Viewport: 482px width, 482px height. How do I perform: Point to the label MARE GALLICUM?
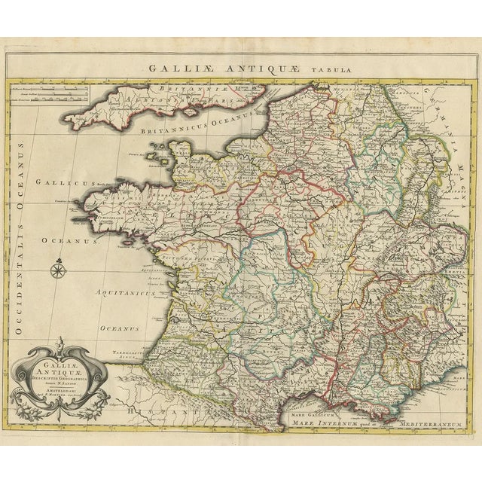point(315,413)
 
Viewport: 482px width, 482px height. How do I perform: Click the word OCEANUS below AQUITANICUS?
point(120,328)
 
